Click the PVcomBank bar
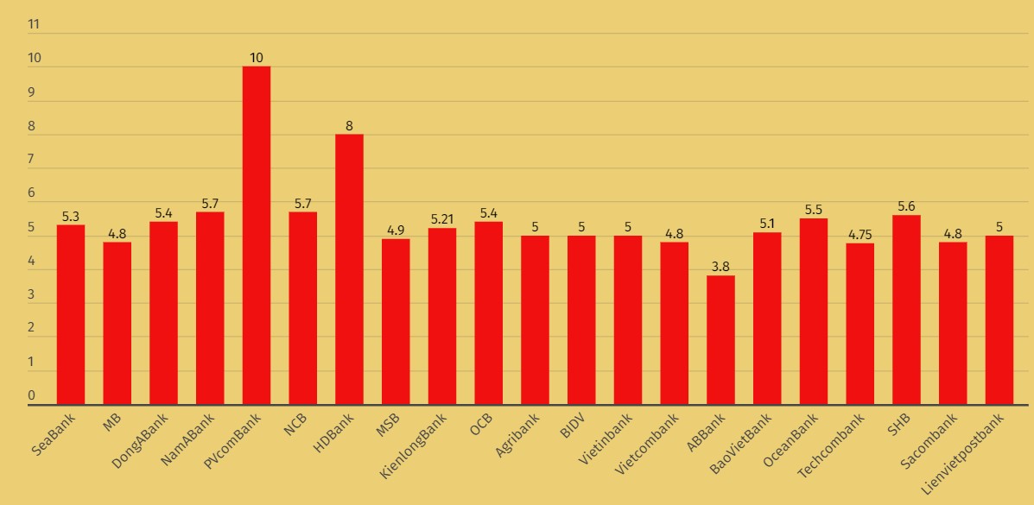click(x=257, y=235)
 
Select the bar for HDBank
click(x=349, y=269)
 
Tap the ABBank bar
click(x=720, y=340)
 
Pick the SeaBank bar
click(x=71, y=314)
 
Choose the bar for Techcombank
click(x=860, y=324)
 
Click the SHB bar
click(x=906, y=310)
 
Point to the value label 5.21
click(x=441, y=219)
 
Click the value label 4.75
click(x=860, y=235)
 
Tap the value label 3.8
click(x=720, y=267)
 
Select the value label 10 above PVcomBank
click(x=257, y=58)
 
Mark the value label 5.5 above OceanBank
click(x=814, y=210)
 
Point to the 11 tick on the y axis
click(x=35, y=24)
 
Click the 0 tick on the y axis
click(x=32, y=396)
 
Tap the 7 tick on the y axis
click(x=32, y=160)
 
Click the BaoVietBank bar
click(x=767, y=319)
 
